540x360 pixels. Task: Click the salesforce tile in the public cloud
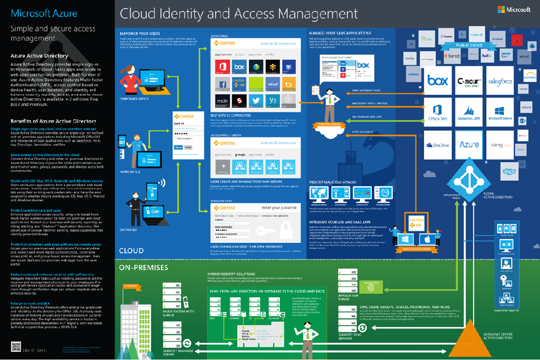[499, 82]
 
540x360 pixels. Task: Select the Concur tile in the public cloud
[470, 82]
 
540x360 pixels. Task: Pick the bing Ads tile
[499, 144]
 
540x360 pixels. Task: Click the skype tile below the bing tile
[508, 172]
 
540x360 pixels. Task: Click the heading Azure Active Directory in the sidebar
[39, 55]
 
